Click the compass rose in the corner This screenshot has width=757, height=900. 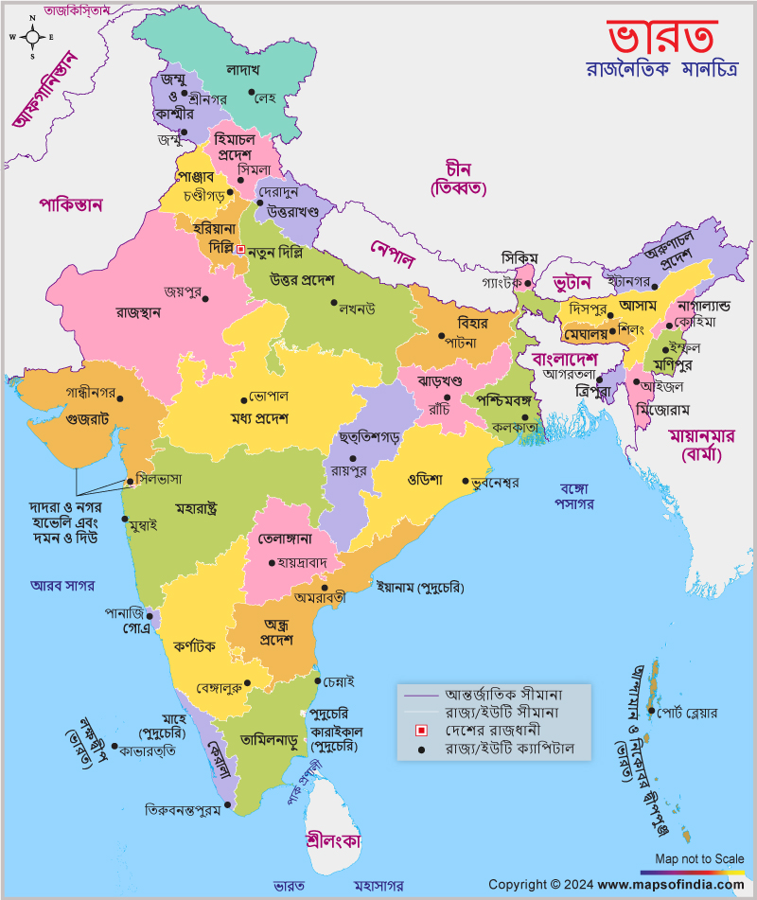[31, 38]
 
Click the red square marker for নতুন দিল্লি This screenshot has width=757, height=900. [240, 249]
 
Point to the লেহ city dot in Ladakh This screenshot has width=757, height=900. [253, 93]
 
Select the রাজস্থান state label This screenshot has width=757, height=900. [138, 311]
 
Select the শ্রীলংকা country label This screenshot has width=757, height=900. [334, 840]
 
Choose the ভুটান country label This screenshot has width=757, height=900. [572, 283]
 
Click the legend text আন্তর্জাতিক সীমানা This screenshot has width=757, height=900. [504, 694]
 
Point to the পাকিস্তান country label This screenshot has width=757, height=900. [71, 203]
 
